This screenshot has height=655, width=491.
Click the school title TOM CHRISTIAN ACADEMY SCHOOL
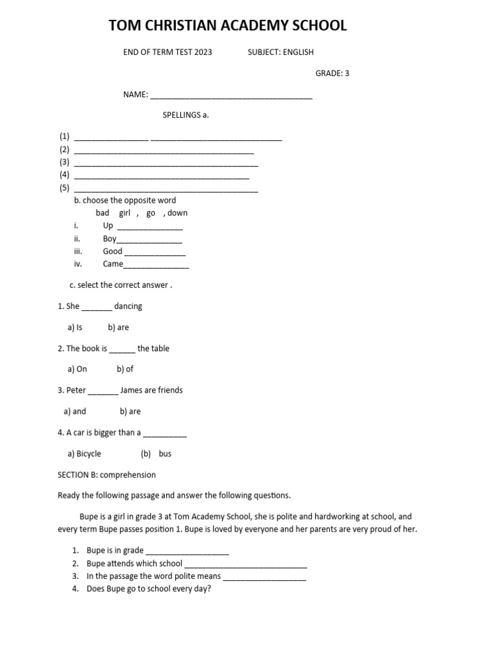tap(228, 26)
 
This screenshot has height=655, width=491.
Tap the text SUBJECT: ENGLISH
tap(281, 52)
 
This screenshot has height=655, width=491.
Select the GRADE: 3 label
tap(332, 73)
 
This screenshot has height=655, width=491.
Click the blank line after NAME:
tap(231, 96)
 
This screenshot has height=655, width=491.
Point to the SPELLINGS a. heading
tap(186, 115)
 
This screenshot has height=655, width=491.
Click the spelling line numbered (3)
tap(166, 164)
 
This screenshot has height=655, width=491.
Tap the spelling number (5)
tap(64, 188)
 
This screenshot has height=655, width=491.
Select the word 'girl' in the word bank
tap(125, 213)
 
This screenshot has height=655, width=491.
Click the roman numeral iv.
tap(78, 264)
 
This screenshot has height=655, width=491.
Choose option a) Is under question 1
tap(75, 327)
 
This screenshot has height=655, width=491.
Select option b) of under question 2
tap(125, 369)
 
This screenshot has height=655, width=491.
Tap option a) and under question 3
tap(75, 411)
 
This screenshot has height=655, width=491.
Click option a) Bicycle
tap(84, 454)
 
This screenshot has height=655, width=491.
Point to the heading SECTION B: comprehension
tap(107, 475)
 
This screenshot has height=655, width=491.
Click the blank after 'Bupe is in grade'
tap(187, 551)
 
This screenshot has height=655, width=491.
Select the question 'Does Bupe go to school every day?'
tap(148, 589)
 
